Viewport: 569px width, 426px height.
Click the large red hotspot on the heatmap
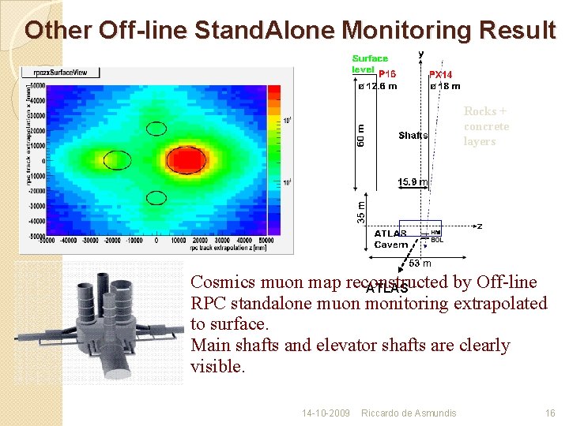[x=187, y=161]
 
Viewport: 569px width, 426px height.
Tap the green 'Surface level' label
[x=369, y=63]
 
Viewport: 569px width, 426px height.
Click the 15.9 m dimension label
[x=412, y=182]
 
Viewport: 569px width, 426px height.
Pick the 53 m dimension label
[x=420, y=263]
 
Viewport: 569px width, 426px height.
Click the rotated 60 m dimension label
[x=361, y=133]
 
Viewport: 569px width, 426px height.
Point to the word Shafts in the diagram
[x=413, y=136]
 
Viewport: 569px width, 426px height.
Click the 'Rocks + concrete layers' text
[x=486, y=126]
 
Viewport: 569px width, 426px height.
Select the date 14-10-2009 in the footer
[x=326, y=413]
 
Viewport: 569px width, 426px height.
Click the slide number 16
[x=550, y=413]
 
